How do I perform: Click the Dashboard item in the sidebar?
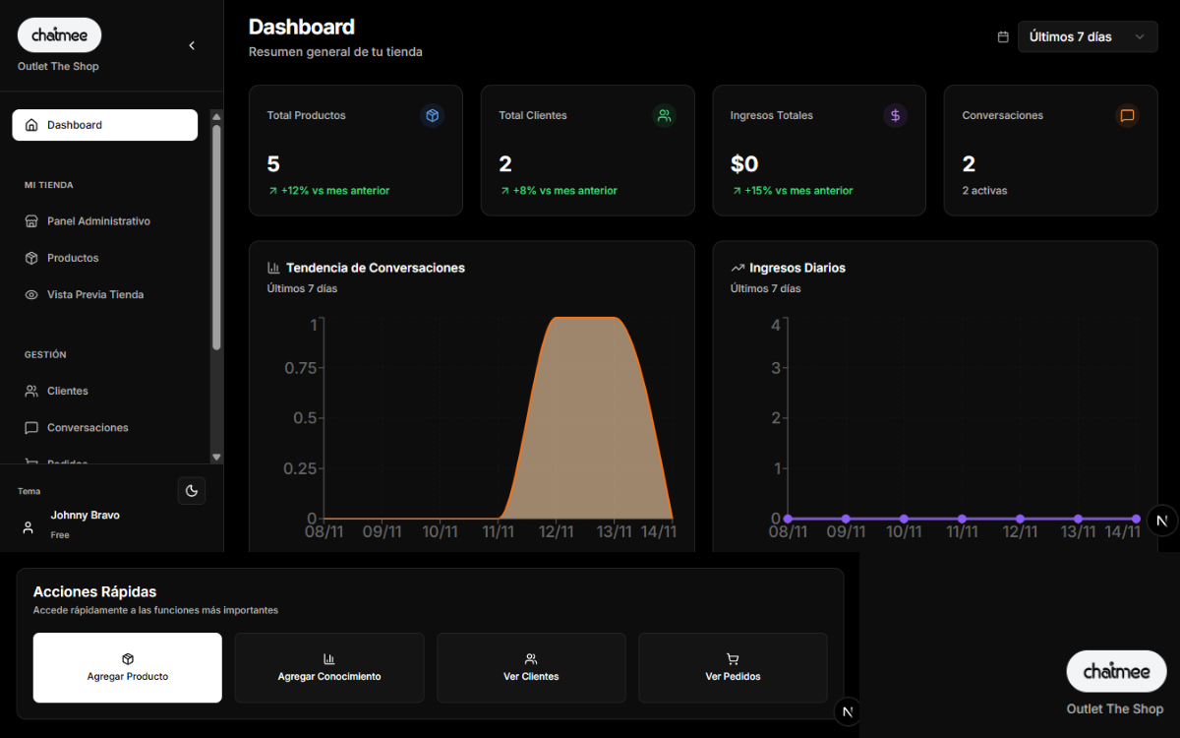coord(104,125)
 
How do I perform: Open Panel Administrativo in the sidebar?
coord(98,221)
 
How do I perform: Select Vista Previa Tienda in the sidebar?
coord(94,294)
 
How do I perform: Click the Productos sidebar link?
coord(73,258)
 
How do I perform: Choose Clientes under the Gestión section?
coord(67,391)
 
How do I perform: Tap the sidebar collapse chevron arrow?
coord(192,45)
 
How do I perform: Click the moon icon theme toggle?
coord(192,490)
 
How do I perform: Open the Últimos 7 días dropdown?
coord(1087,36)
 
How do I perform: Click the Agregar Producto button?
coord(128,667)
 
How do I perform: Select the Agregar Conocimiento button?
coord(329,667)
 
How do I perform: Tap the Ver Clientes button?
coord(531,667)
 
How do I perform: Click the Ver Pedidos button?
coord(733,667)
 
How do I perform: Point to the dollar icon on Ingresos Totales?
coord(895,115)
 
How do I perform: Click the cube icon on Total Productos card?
coord(432,115)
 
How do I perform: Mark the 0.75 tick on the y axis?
coord(300,368)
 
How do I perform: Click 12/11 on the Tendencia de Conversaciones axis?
coord(556,532)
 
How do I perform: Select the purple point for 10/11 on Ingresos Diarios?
coord(904,519)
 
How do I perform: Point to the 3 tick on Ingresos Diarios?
coord(776,368)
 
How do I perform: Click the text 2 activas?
coord(984,191)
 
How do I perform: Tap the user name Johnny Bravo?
coord(86,516)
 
